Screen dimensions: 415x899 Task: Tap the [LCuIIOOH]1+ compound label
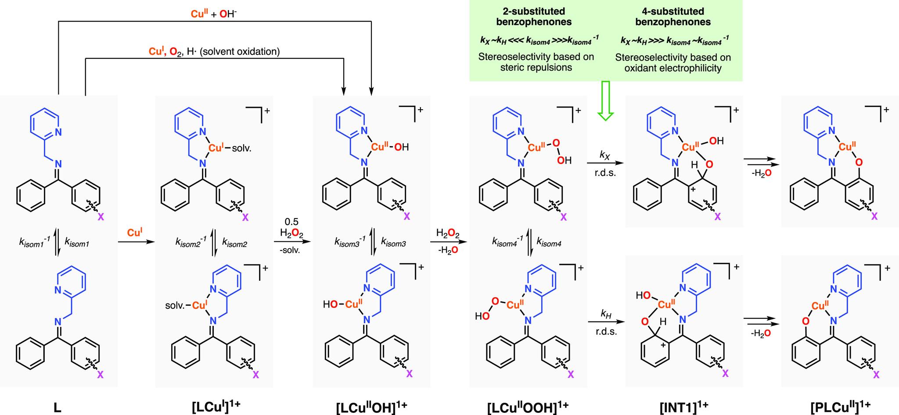(528, 407)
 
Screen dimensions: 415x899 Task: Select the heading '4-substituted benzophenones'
(672, 16)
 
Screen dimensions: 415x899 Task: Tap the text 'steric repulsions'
(536, 68)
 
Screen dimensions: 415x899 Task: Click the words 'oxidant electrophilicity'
(672, 68)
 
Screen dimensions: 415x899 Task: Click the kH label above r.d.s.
(606, 314)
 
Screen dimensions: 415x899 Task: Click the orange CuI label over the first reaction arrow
(135, 233)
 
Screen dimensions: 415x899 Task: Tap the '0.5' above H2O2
(291, 222)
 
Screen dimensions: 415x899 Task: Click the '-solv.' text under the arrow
(291, 251)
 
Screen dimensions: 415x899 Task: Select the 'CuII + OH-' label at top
(214, 14)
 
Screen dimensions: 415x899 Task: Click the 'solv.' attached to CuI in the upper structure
(242, 148)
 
